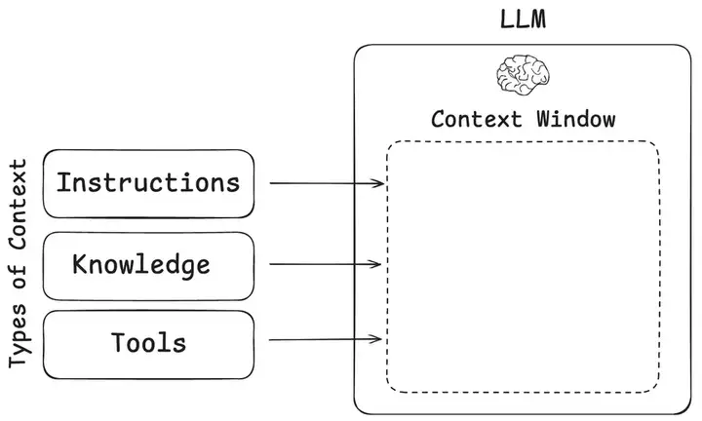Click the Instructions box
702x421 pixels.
tap(149, 183)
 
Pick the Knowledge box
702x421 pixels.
tap(149, 265)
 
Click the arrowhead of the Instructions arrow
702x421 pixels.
tap(379, 183)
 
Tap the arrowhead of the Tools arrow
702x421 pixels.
tap(379, 340)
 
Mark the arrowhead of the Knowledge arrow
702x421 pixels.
tap(379, 264)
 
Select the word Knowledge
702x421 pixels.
tap(141, 265)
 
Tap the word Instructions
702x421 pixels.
tap(148, 182)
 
